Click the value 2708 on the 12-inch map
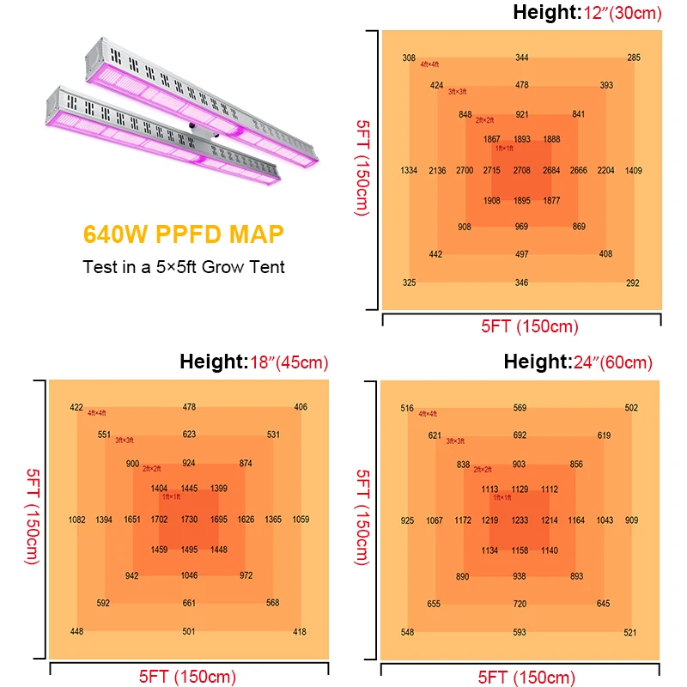522,171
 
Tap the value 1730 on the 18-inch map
189,520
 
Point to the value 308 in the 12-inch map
409,58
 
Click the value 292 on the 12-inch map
633,283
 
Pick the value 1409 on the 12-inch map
634,171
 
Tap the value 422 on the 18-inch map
76,407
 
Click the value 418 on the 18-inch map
300,632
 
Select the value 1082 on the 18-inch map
77,520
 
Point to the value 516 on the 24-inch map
407,408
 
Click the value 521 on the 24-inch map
631,633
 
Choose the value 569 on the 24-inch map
520,408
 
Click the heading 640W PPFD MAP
183,234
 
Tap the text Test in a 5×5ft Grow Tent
184,266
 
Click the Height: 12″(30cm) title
588,13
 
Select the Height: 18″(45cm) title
254,362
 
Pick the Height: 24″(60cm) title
578,362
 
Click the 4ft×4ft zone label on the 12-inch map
430,64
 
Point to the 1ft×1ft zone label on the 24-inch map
502,497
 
